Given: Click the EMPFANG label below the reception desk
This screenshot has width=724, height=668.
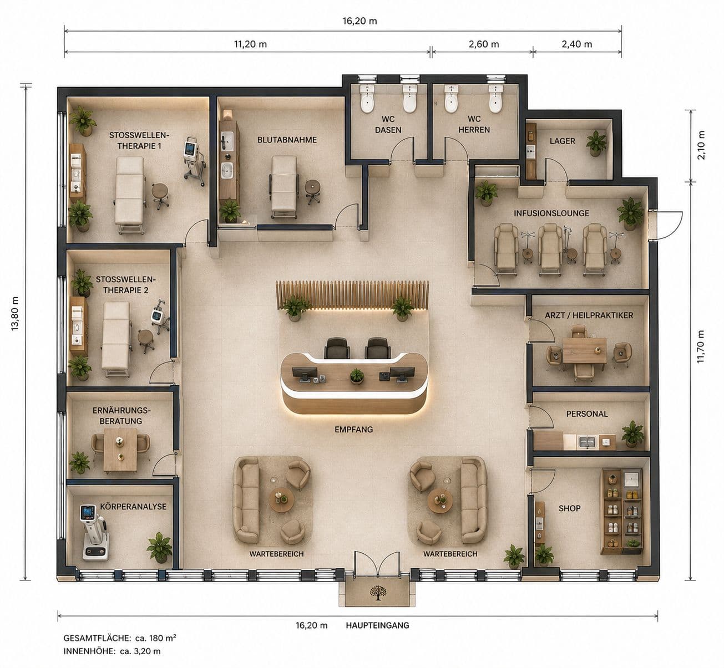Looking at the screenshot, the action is tap(353, 429).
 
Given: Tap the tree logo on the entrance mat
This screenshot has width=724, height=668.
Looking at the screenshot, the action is tap(377, 593).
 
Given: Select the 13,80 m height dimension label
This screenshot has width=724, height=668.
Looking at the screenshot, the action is tap(15, 313).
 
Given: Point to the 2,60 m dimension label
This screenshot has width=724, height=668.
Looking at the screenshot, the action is tap(484, 44).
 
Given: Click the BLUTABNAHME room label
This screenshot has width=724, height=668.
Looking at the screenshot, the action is tap(287, 140).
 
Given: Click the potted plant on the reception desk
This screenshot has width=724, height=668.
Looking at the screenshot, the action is tap(357, 376).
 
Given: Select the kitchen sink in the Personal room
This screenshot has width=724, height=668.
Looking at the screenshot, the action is tap(588, 442).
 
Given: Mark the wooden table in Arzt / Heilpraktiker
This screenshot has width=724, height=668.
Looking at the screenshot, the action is tap(584, 350).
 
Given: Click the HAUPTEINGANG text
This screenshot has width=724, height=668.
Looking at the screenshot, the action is tap(377, 625).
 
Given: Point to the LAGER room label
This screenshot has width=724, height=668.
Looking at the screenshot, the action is tap(562, 141).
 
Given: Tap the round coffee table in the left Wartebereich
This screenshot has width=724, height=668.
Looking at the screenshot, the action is tap(282, 500).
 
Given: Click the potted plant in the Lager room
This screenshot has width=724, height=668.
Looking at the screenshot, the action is tap(596, 143).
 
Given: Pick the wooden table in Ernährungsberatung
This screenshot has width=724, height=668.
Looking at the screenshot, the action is tap(120, 450).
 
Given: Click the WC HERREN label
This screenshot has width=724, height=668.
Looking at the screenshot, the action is tap(474, 124).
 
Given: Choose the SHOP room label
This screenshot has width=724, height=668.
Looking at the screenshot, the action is tap(569, 508).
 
